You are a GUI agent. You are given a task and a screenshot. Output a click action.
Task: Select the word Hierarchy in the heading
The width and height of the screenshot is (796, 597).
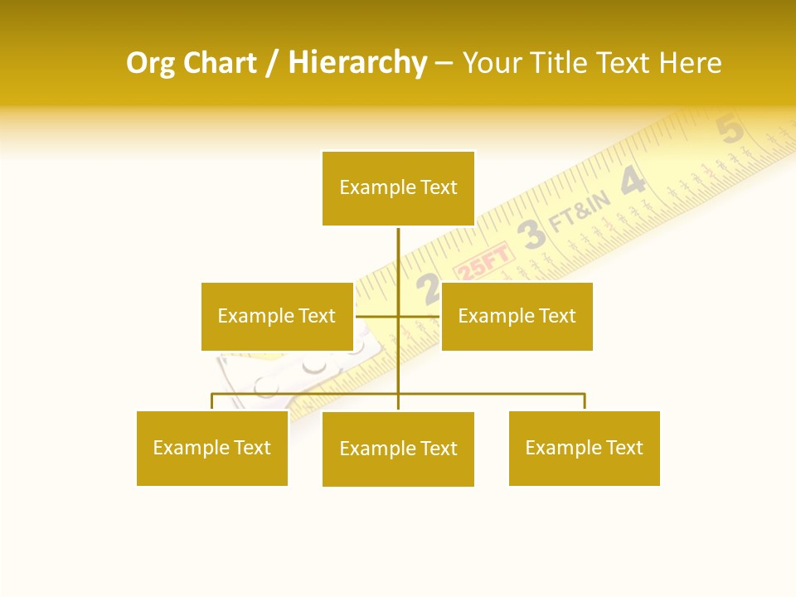coord(357,63)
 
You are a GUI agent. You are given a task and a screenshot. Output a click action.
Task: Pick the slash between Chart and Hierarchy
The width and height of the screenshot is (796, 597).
coord(271,64)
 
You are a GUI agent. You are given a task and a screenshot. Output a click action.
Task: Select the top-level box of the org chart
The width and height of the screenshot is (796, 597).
coord(398,188)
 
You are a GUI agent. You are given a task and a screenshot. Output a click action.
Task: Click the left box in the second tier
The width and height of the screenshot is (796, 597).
coord(277,316)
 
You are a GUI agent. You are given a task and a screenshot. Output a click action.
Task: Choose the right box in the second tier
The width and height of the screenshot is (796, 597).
coord(517,316)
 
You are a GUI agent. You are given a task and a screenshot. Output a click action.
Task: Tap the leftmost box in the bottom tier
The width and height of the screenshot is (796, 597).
coord(211,448)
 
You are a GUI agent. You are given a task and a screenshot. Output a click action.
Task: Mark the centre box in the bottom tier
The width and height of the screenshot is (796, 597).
coord(398,449)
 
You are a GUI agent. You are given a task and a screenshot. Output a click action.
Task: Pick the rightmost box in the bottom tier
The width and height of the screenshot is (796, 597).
coord(584,448)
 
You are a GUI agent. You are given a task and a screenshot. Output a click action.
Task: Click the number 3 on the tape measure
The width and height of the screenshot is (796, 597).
coord(531,235)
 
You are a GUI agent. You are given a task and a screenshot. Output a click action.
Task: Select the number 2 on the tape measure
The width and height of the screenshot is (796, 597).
coord(429,288)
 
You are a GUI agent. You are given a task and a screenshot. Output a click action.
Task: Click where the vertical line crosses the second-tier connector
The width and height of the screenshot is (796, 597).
coord(398,316)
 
